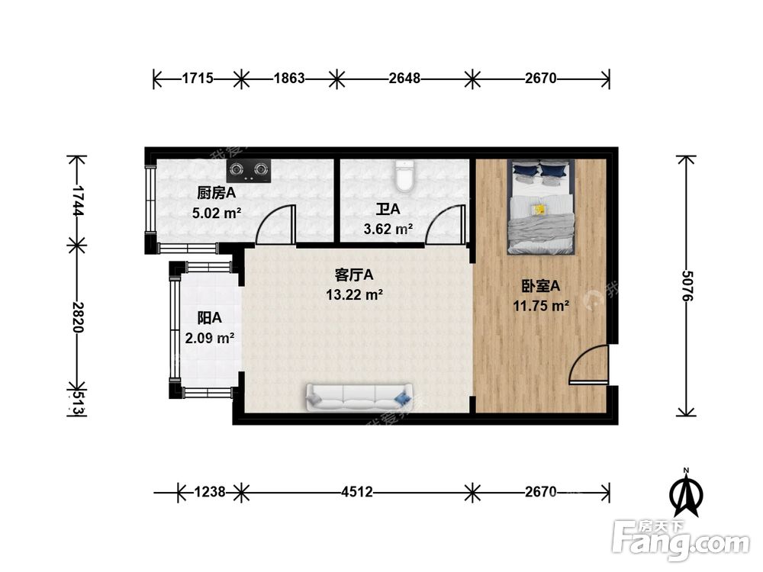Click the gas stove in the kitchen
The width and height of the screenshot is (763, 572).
[249, 171]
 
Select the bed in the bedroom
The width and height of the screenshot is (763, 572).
[541, 207]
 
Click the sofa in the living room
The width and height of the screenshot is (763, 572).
[359, 397]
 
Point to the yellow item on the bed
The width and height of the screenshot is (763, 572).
[539, 210]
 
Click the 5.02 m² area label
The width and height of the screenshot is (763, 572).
[217, 213]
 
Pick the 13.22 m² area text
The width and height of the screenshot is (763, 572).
[354, 294]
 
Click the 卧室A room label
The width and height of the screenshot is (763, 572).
[541, 286]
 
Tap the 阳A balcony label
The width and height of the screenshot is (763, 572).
[209, 318]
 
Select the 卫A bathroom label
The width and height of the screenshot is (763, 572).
[388, 209]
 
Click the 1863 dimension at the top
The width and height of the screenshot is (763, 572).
[289, 79]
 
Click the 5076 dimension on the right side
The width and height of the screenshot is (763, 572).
[687, 285]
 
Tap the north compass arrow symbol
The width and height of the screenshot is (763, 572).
[686, 492]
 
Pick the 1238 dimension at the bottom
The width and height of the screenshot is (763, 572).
[210, 492]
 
